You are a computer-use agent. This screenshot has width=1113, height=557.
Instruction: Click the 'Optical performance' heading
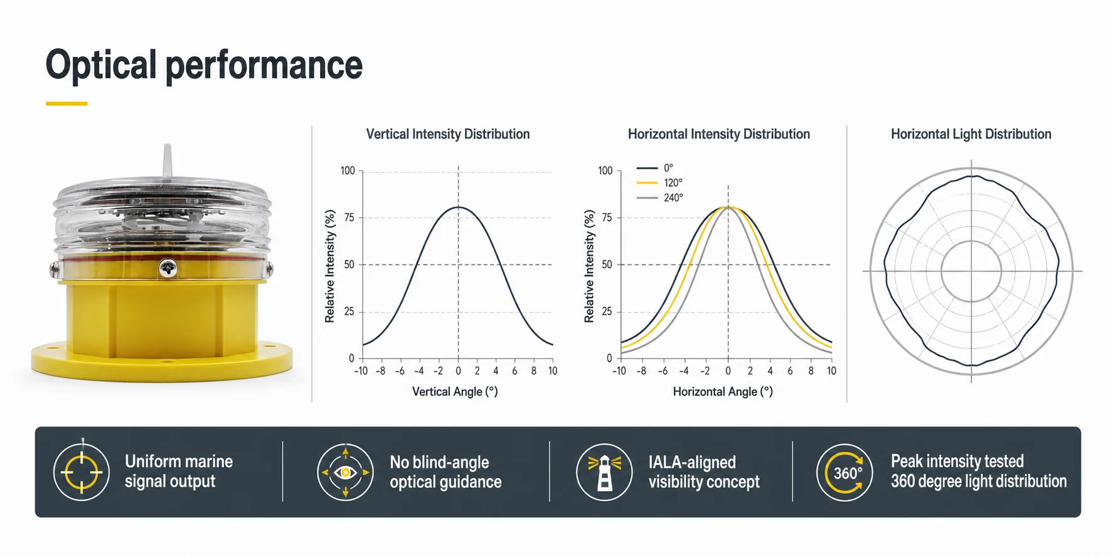[x=204, y=65]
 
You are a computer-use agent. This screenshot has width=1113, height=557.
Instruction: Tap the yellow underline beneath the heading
[x=67, y=104]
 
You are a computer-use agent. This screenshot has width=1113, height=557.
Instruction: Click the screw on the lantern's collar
[x=168, y=268]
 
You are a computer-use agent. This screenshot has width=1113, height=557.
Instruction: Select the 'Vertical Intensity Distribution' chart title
[x=448, y=134]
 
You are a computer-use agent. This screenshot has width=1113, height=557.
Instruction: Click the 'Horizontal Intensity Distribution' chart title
[x=719, y=134]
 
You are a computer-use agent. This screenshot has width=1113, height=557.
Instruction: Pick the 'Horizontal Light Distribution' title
[x=971, y=134]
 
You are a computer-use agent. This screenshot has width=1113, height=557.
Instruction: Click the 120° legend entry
[x=659, y=183]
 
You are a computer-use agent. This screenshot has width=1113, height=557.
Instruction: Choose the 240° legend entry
[x=659, y=198]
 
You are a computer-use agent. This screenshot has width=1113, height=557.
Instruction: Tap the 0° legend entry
[x=655, y=168]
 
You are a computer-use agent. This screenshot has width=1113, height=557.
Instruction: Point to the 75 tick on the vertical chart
[x=349, y=217]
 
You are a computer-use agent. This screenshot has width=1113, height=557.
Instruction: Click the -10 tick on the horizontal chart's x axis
[x=619, y=371]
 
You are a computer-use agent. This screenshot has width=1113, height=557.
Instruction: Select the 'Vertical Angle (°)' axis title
[x=455, y=391]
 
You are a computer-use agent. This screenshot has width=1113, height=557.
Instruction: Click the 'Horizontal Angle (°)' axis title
[x=723, y=391]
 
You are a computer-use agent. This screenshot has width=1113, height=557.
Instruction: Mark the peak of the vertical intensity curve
[x=459, y=207]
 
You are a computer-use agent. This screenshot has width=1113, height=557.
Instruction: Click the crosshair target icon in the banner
[x=82, y=472]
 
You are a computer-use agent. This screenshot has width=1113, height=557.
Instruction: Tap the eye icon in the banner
[x=345, y=472]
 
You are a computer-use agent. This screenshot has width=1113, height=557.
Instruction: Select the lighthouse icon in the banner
[x=604, y=472]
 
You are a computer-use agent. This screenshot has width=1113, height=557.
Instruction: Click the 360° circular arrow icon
[x=844, y=472]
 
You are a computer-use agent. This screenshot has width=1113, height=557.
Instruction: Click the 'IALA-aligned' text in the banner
[x=692, y=462]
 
